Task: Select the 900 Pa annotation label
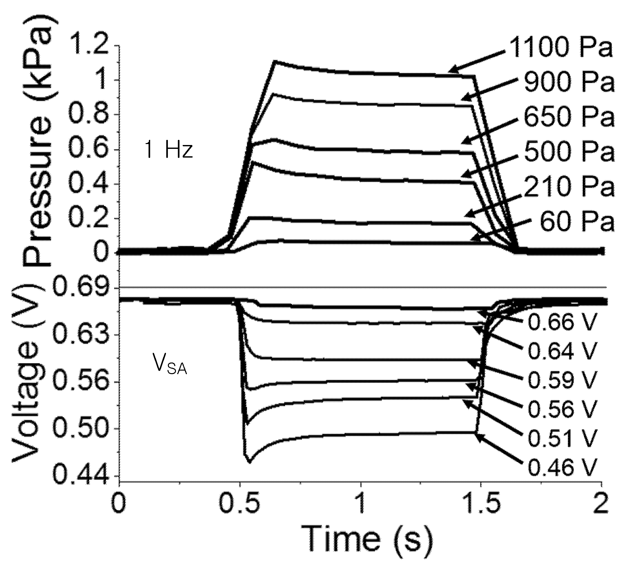569,82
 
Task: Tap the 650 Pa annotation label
569,117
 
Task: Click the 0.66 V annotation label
562,321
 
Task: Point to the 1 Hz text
169,150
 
